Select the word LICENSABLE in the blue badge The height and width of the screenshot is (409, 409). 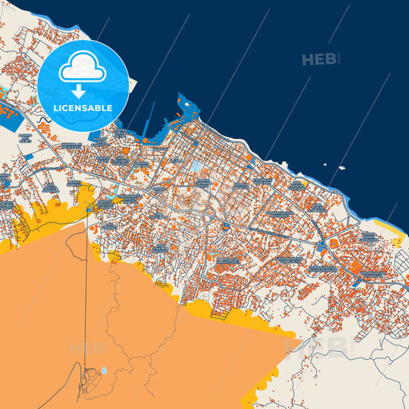(82, 107)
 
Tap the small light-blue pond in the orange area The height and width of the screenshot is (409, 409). (104, 371)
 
